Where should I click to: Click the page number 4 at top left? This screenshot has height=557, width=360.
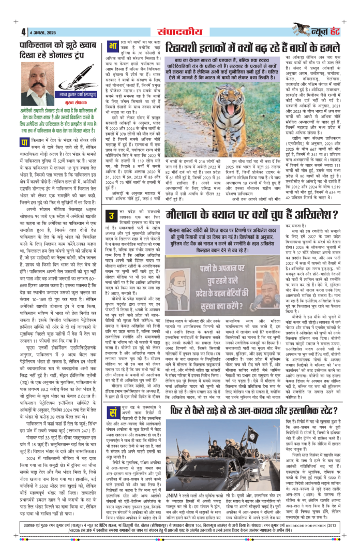point(23,30)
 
